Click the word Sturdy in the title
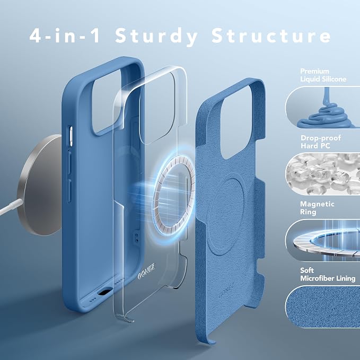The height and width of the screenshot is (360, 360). [x=156, y=36]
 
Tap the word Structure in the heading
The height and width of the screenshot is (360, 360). [x=271, y=35]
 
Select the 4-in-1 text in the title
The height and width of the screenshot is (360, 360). [x=65, y=35]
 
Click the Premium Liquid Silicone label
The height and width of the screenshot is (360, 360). [x=323, y=75]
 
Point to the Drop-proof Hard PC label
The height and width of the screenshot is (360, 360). [x=321, y=142]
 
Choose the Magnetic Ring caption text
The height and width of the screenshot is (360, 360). [x=317, y=208]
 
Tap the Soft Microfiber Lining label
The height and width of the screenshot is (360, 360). [x=328, y=274]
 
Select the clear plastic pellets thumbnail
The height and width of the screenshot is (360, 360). [x=322, y=174]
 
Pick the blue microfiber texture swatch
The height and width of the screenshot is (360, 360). [x=322, y=307]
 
